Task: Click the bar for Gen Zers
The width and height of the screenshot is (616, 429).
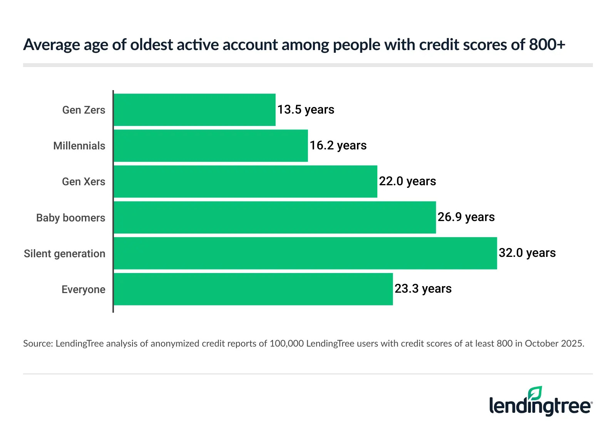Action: coord(194,110)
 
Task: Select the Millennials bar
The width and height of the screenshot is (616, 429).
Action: coord(211,146)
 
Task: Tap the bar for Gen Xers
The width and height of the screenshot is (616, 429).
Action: coord(245,181)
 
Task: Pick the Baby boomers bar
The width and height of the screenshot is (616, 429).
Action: coord(275,217)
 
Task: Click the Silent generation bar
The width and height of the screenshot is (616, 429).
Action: coord(305,253)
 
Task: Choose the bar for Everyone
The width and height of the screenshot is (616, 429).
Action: coord(253,289)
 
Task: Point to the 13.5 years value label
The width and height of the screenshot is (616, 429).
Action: coord(306,110)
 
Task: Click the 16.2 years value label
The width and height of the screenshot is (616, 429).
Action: coord(338,146)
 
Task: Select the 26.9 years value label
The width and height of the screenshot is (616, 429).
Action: coord(466,217)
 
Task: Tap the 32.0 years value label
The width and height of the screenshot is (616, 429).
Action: coord(527,253)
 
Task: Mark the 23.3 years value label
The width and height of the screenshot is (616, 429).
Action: coord(423,289)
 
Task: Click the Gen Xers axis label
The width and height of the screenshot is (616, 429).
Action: coord(84,182)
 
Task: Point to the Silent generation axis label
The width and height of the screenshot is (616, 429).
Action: coord(64,254)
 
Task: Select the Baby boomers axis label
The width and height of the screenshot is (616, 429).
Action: coord(70,218)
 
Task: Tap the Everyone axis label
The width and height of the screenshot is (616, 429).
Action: coord(83,290)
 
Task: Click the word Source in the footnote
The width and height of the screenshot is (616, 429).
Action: coord(37,344)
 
